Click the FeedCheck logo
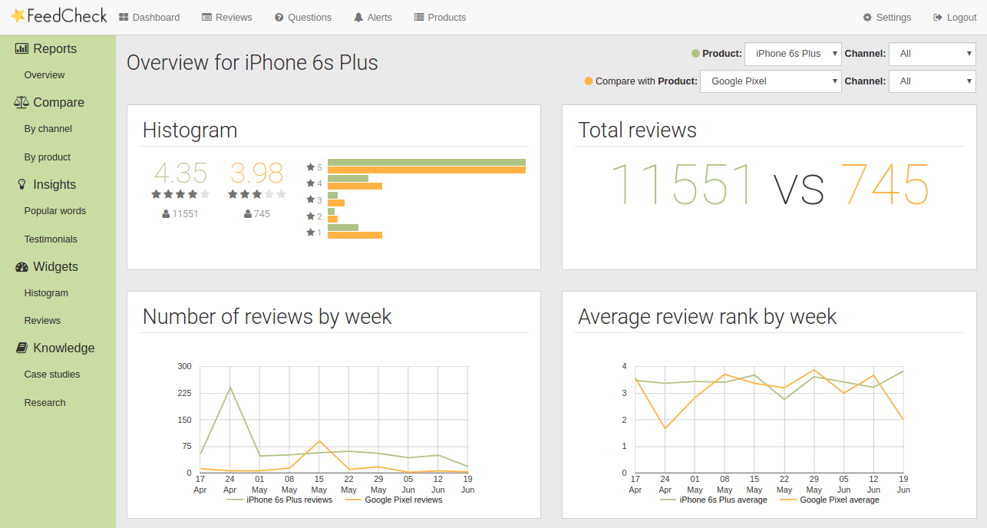coord(59,16)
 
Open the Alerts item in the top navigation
coord(373,17)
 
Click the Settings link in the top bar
coord(886,17)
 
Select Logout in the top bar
coord(955,17)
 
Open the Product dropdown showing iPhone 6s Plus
coord(793,54)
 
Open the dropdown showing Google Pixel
coord(771,81)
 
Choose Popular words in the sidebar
coord(55,211)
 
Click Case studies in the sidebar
coord(52,375)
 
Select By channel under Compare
coord(48,129)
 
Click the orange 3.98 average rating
coord(257,173)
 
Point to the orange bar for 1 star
coord(355,235)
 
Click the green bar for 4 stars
coord(348,179)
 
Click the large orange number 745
coord(884,186)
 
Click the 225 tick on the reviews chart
coord(183,393)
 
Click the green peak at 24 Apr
coord(230,388)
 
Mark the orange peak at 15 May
coord(319,441)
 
